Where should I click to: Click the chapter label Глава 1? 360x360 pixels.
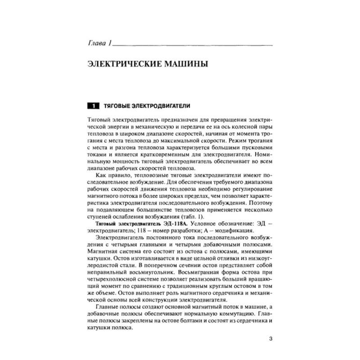click(x=97, y=45)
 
